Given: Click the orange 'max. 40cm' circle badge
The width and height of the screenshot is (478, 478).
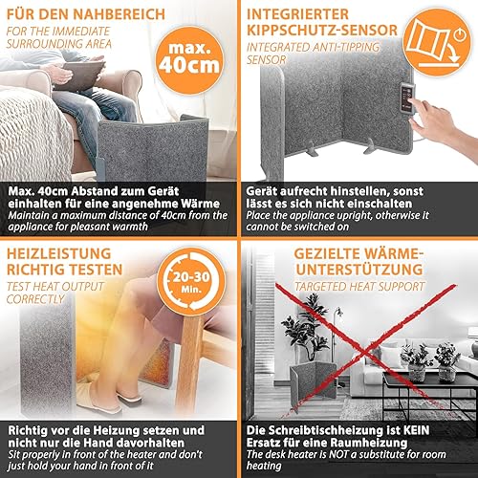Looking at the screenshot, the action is pyautogui.click(x=189, y=60).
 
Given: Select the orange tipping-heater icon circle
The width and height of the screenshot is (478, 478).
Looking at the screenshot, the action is pyautogui.click(x=437, y=42).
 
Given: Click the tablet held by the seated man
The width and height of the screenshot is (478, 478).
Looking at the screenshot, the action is pyautogui.click(x=80, y=75).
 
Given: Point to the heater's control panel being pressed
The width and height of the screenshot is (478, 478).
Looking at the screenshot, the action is pyautogui.click(x=407, y=98).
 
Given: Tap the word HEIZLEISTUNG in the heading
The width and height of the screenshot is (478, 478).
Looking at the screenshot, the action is pyautogui.click(x=59, y=254).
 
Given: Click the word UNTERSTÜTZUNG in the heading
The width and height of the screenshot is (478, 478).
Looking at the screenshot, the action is pyautogui.click(x=359, y=270).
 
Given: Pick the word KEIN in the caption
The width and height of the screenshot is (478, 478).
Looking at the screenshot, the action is pyautogui.click(x=416, y=430).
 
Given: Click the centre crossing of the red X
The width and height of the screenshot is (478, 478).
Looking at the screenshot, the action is pyautogui.click(x=364, y=352).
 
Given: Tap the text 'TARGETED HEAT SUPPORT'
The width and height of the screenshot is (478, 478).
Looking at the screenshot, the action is pyautogui.click(x=359, y=287).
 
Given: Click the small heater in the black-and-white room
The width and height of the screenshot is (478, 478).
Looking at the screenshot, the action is pyautogui.click(x=313, y=381).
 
